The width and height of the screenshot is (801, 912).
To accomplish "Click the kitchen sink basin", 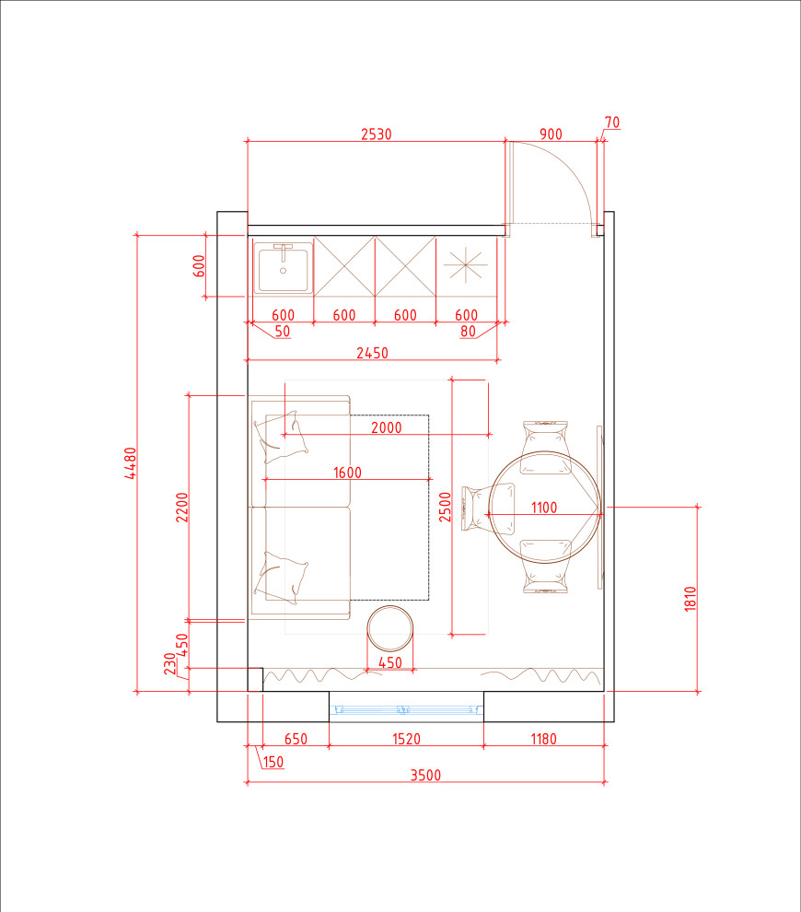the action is (x=283, y=268).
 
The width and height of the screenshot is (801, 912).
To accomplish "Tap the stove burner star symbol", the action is (x=466, y=265).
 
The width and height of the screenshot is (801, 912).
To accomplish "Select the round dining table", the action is (x=545, y=507).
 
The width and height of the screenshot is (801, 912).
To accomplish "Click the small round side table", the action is (x=390, y=628).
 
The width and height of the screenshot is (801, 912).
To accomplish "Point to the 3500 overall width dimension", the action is (x=425, y=775).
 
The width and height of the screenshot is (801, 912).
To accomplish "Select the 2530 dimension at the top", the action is (x=376, y=134).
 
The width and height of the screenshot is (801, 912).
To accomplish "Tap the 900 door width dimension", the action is (x=551, y=134).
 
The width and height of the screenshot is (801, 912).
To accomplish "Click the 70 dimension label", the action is (x=612, y=123).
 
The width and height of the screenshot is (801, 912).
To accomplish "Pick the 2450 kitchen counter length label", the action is (x=372, y=353).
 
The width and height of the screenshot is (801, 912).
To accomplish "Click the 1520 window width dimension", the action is (x=406, y=739).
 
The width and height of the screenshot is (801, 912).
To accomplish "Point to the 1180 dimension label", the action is (x=543, y=739).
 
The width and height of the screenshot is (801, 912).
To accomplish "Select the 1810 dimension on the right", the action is (x=690, y=599).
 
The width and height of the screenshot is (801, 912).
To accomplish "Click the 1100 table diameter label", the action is (x=544, y=508).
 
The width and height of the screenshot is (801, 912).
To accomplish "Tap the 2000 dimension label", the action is (x=387, y=427).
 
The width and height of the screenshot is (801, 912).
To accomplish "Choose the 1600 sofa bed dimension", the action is (x=347, y=473).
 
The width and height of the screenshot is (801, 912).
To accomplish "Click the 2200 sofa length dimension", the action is (x=182, y=508).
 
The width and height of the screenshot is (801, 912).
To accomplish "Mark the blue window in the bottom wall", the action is (x=406, y=709).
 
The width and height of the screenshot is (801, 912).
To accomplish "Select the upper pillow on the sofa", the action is (x=280, y=437).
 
